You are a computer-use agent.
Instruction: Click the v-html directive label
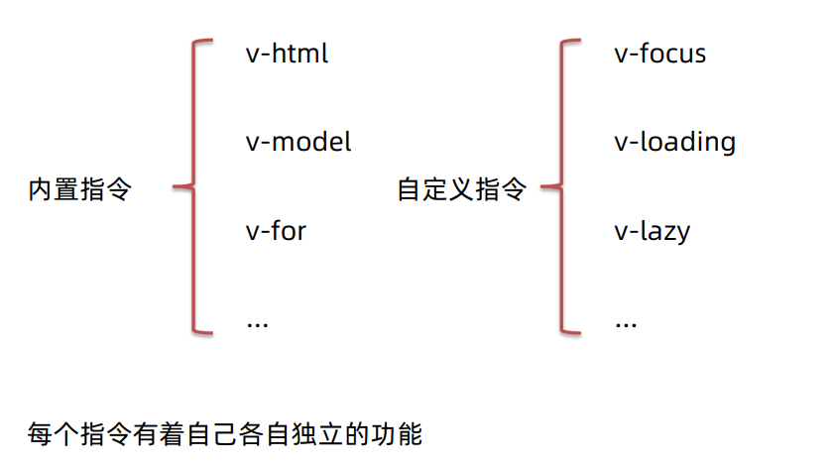(287, 53)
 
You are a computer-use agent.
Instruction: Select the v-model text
(297, 142)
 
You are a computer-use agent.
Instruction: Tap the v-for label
(276, 232)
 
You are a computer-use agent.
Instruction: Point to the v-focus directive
(659, 53)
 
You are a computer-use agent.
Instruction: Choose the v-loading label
(674, 143)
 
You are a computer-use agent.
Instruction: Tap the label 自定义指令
(461, 189)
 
